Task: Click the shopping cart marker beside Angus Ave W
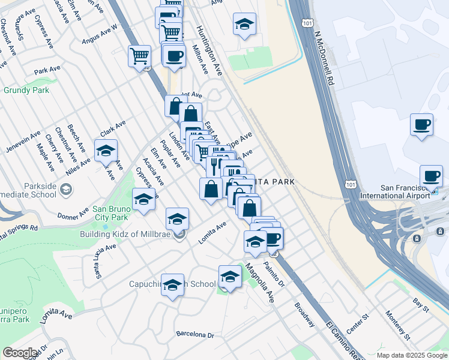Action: [139, 56]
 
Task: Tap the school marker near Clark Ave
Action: [106, 151]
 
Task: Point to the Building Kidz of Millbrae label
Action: [126, 234]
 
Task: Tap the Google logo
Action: [20, 353]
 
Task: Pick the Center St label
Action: [355, 321]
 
